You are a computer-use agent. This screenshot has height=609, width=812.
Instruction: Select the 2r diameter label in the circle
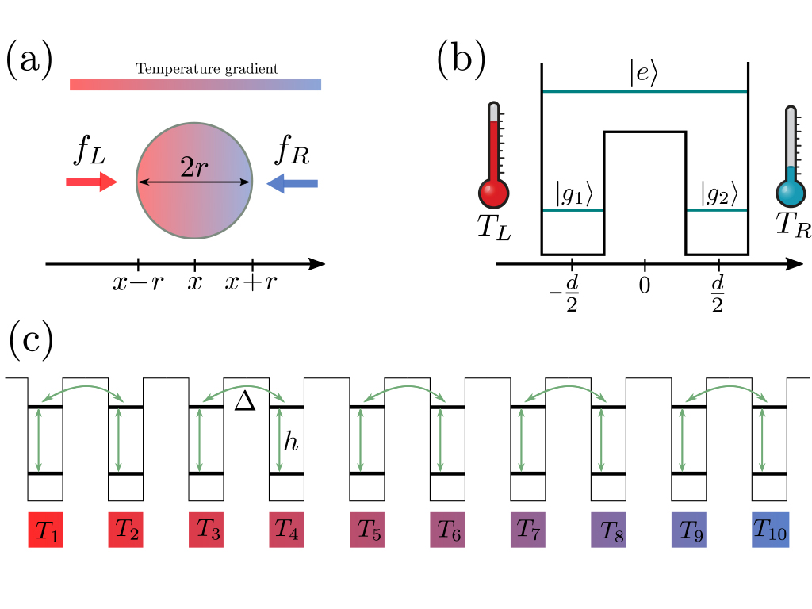[x=195, y=169]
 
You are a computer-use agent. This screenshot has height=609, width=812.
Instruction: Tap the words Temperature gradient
[x=207, y=69]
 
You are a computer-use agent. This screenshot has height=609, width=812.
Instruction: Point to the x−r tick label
[x=138, y=283]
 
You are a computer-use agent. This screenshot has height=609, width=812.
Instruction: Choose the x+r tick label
[x=251, y=283]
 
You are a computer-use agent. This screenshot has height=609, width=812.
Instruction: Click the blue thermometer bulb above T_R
[x=790, y=193]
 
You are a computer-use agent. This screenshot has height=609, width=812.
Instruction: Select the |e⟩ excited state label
[x=645, y=76]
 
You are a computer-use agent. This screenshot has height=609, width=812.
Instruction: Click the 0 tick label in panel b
[x=644, y=284]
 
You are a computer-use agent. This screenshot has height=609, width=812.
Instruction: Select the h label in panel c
[x=292, y=442]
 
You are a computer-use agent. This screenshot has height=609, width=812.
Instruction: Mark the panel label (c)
[x=31, y=339]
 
